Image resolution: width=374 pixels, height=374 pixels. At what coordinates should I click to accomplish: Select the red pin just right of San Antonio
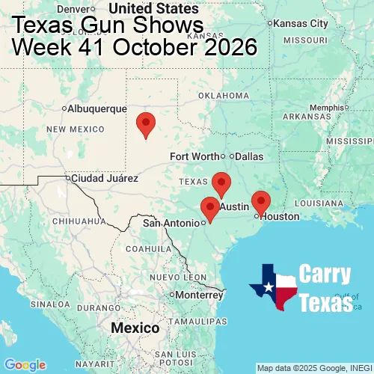pyautogui.click(x=211, y=209)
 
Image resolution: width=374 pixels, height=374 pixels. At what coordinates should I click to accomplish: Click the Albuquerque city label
pyautogui.click(x=97, y=108)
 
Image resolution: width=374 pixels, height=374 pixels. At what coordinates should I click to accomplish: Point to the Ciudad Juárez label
pyautogui.click(x=104, y=179)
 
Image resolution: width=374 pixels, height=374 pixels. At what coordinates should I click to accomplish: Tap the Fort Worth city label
pyautogui.click(x=194, y=156)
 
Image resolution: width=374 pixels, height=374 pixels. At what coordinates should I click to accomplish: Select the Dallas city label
pyautogui.click(x=249, y=156)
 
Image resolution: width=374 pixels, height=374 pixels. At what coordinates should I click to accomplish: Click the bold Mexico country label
pyautogui.click(x=135, y=328)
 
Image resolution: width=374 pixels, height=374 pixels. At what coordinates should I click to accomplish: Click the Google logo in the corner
pyautogui.click(x=25, y=364)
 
